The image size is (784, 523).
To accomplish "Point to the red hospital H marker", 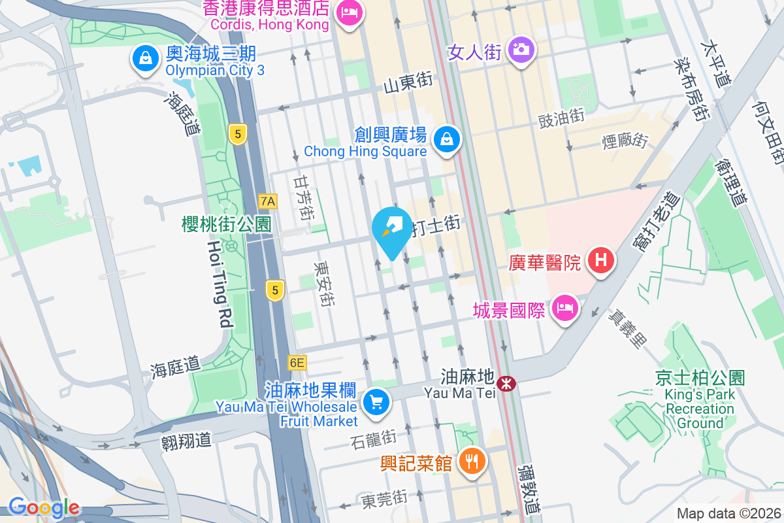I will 600,261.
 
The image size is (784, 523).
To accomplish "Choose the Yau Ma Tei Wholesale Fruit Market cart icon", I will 375,400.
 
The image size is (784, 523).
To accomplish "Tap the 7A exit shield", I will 268,201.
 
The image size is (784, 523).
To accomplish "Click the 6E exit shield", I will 297,362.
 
